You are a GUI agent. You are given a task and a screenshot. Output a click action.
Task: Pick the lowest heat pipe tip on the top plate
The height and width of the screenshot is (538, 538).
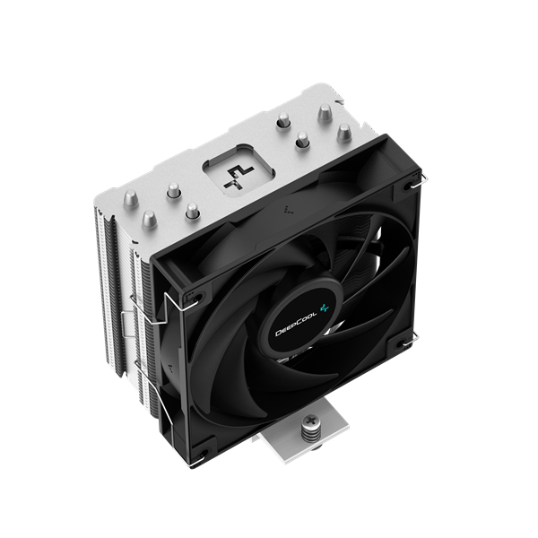(190, 212)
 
